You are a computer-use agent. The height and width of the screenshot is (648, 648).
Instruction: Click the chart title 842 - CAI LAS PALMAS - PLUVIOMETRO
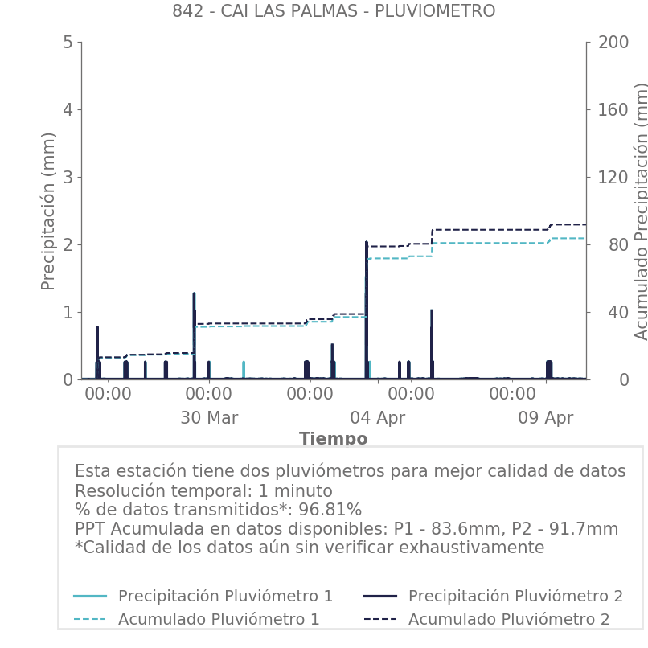point(334,11)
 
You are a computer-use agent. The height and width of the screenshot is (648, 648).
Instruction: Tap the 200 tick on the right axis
point(613,42)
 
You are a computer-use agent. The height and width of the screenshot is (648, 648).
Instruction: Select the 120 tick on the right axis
point(613,177)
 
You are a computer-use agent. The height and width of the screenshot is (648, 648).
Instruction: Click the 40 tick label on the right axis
point(608,312)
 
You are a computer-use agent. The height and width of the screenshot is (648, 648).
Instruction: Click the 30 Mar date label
point(209,418)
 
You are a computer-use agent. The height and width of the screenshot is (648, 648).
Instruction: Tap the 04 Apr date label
point(377,418)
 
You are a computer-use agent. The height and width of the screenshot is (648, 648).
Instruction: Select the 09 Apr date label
point(546,418)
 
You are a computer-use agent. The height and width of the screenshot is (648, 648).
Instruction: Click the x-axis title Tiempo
point(333,439)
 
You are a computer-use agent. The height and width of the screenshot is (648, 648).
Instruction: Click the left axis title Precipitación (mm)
point(48,211)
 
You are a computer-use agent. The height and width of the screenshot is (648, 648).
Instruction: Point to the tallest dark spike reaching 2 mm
point(366,244)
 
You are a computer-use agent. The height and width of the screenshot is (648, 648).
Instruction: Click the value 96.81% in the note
point(330,510)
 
